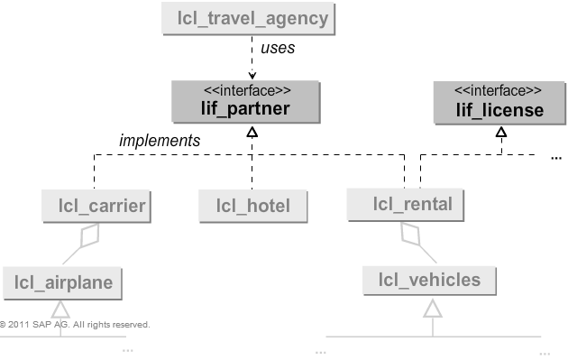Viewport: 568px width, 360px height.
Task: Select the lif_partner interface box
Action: (245, 102)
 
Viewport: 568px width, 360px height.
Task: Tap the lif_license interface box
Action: (499, 102)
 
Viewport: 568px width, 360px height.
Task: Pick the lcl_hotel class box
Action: (252, 206)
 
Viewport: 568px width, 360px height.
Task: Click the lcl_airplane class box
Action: (62, 282)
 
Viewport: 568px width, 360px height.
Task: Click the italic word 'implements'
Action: (160, 140)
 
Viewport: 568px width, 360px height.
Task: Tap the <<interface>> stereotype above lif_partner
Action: (245, 91)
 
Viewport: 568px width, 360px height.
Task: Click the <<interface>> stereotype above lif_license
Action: (499, 91)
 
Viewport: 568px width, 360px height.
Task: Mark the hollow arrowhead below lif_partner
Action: (252, 133)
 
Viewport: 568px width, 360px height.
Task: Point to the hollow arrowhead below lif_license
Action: (500, 133)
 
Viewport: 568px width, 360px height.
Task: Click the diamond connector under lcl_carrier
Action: (87, 236)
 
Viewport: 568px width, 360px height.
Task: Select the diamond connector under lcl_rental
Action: (409, 235)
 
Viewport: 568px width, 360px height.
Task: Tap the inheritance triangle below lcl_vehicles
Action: (433, 309)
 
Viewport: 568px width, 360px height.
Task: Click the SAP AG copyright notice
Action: (75, 324)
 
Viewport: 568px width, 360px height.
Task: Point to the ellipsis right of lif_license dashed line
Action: (555, 158)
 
